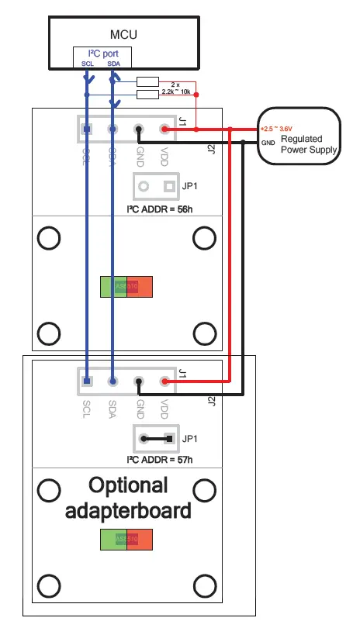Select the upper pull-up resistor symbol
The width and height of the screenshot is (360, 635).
147,81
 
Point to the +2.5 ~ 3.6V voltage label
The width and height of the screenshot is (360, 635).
277,129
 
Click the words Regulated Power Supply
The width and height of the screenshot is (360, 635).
308,145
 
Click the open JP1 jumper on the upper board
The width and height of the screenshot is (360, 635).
156,186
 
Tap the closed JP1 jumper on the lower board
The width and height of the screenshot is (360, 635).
156,438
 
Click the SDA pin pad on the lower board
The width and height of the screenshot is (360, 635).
113,381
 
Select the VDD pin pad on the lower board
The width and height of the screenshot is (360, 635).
164,381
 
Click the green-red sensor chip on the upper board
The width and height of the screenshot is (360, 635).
126,286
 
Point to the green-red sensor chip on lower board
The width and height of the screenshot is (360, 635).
126,540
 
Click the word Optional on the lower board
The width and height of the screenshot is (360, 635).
127,486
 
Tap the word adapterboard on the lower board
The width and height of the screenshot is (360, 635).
127,511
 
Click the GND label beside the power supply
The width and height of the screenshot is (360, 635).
268,143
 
